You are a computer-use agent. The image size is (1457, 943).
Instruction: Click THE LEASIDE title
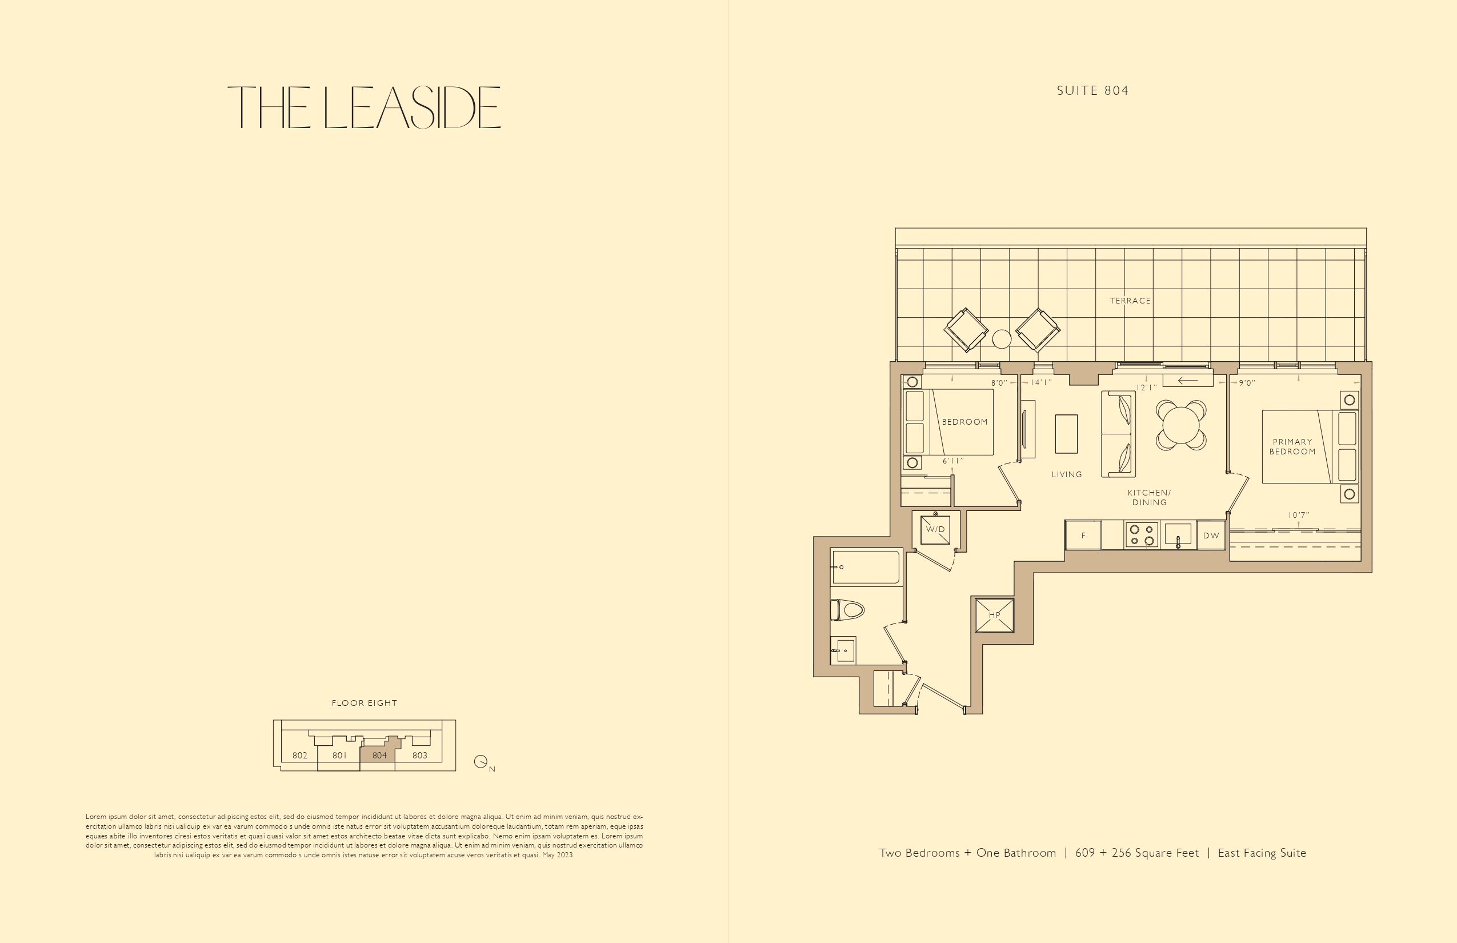coord(365,107)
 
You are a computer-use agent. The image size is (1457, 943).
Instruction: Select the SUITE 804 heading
coord(1092,91)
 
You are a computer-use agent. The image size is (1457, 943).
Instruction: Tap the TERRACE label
coord(1130,301)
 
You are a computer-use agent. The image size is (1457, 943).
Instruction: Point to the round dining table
coord(1181,425)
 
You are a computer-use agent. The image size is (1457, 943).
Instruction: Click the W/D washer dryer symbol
coord(935,530)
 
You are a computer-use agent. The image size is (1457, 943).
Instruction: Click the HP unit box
coord(994,615)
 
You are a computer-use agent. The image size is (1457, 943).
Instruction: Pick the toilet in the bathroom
coord(847,610)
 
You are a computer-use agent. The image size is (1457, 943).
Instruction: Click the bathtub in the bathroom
coord(866,567)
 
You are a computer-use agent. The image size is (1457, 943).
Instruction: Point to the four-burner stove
coord(1142,535)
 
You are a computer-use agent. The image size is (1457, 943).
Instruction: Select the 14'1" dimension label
coord(1040,383)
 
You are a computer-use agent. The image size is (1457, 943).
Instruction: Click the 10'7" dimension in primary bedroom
coord(1298,516)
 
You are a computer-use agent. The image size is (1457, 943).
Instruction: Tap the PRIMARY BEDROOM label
coord(1292,446)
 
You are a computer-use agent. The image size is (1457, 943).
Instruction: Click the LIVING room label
coord(1066,474)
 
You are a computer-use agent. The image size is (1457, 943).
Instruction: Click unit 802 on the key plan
coord(300,756)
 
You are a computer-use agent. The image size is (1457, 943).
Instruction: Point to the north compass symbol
coord(481,762)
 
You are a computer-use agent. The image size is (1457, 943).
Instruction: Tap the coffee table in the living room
coord(1066,434)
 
